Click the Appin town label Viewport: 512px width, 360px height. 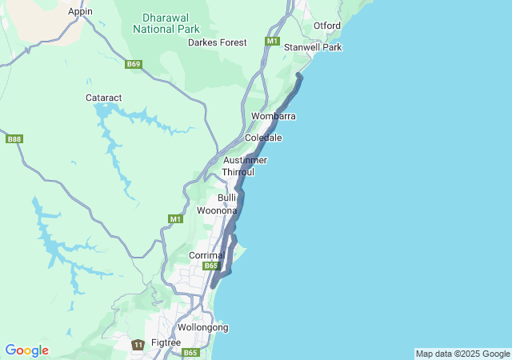(80, 11)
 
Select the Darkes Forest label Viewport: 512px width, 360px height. (217, 42)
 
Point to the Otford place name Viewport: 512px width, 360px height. (326, 26)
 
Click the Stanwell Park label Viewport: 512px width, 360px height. (313, 47)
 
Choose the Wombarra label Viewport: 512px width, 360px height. (273, 116)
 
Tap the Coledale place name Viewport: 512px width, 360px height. (262, 138)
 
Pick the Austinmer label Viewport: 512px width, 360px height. (244, 160)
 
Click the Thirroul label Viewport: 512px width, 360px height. (238, 172)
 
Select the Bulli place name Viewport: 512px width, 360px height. (227, 197)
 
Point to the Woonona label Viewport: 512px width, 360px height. (217, 210)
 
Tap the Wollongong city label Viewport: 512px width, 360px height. (202, 327)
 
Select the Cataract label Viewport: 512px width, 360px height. (104, 98)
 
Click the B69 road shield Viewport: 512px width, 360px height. (134, 64)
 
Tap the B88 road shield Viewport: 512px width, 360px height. (14, 138)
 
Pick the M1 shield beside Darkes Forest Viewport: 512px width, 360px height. (273, 41)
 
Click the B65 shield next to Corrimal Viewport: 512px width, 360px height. (210, 266)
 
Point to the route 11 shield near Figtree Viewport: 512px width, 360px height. (138, 344)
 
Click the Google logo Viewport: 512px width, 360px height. (26, 350)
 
